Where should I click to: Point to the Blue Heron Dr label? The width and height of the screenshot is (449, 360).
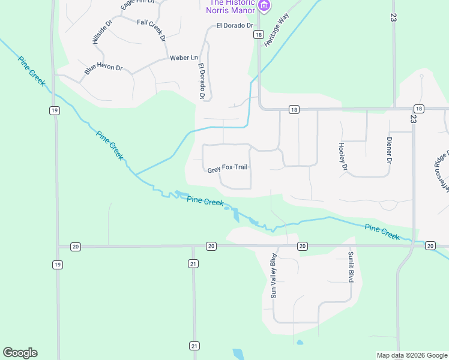click(103, 69)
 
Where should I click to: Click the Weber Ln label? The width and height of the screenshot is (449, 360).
click(184, 58)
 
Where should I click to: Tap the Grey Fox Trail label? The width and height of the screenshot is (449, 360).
click(228, 168)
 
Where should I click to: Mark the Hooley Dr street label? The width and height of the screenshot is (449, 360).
click(343, 156)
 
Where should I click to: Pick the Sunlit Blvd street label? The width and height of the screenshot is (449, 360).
click(351, 267)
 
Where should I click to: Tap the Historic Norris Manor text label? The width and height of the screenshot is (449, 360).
click(231, 7)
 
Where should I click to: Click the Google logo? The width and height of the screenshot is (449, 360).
click(20, 353)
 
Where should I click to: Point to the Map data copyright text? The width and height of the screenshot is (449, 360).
click(411, 355)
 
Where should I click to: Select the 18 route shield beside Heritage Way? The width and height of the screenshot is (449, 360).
click(258, 35)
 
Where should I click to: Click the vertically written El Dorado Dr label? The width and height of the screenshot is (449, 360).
click(202, 82)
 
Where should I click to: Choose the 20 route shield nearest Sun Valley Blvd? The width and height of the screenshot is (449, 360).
click(303, 246)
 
